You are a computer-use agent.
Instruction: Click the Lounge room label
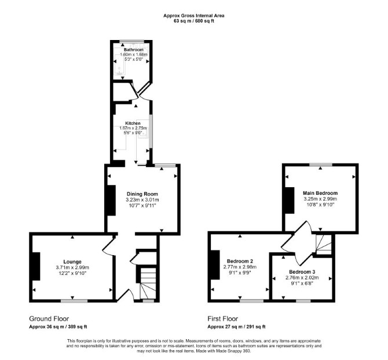72,261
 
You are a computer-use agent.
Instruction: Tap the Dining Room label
142,194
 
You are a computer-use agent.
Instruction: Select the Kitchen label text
133,123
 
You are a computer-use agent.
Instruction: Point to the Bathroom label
134,50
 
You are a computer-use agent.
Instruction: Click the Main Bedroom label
320,193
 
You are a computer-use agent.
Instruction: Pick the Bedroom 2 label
240,261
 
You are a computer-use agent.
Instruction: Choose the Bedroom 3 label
302,272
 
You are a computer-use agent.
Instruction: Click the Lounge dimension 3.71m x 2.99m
72,268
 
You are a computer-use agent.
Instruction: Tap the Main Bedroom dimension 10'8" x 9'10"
320,205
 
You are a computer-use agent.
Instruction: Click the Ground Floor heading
49,319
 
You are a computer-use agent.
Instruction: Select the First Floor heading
223,319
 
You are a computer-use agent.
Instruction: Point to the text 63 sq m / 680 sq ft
194,21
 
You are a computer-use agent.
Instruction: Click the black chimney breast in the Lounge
36,266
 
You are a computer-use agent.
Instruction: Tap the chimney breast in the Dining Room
111,200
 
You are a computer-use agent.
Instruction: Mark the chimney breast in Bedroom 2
215,264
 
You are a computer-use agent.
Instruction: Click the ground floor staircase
148,283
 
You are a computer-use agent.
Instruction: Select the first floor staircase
323,245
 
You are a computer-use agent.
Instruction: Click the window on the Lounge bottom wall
74,301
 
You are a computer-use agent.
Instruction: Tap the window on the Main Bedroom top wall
321,165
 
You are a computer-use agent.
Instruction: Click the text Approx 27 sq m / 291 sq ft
236,327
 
